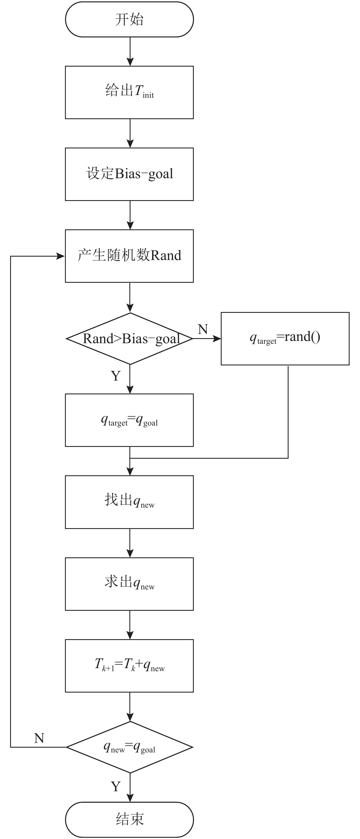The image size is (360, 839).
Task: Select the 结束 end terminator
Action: pos(129,819)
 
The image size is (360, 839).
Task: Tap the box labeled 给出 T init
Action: pos(129,92)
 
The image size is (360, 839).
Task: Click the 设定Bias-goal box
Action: pos(129,174)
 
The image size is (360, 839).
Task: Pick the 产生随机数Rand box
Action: pos(129,256)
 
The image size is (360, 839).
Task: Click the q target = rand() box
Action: pos(285,339)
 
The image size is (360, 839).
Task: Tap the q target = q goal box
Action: pos(129,420)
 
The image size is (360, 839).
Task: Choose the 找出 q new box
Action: pos(129,502)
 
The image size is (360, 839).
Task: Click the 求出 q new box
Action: pos(129,584)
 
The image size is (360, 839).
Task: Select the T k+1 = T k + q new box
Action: pos(129,666)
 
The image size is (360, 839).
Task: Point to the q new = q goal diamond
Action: pos(130,747)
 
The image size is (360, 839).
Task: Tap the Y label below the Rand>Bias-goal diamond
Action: pos(116,376)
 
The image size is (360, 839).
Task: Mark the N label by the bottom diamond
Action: pos(39,738)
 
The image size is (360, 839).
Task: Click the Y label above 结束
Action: pos(116,786)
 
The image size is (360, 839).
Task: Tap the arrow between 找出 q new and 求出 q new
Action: pos(130,543)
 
